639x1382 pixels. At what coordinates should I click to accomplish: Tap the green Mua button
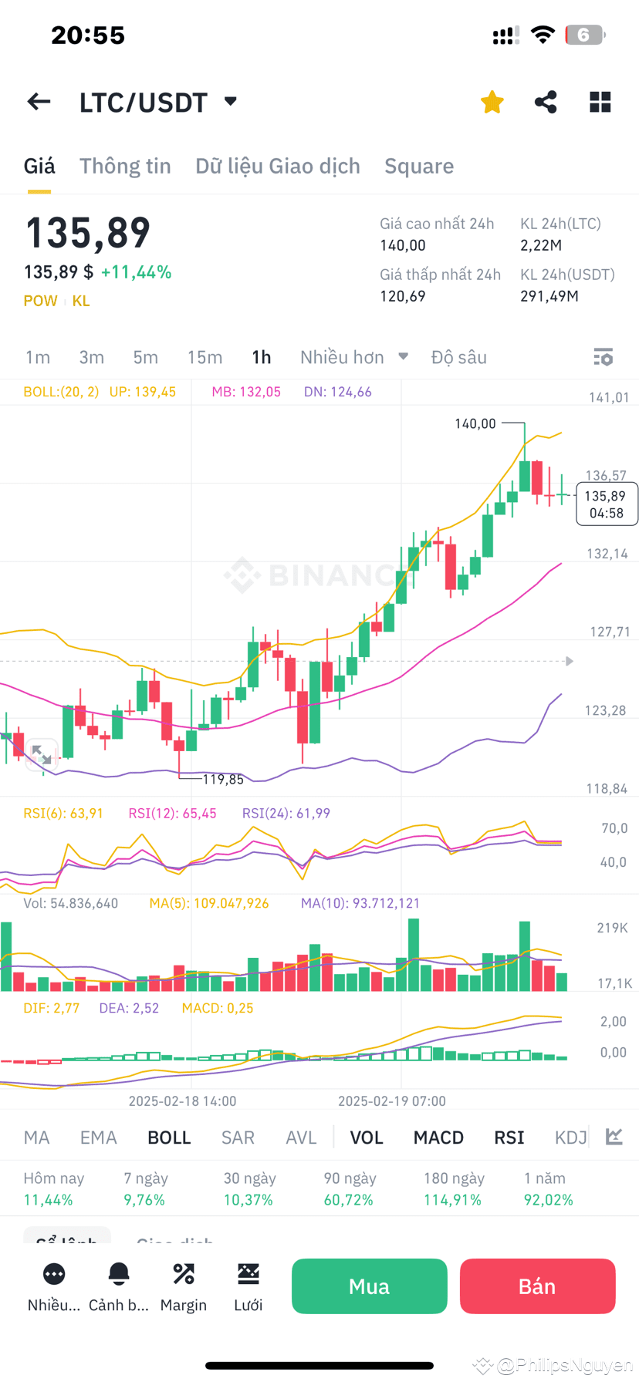pos(369,1286)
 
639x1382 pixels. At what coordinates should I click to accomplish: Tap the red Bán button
pos(537,1286)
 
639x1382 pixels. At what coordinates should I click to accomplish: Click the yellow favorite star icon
pos(492,102)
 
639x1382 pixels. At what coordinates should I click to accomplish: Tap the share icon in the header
pos(546,102)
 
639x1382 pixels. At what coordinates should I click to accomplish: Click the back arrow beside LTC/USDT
pos(39,102)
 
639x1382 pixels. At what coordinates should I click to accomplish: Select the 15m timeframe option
pos(205,357)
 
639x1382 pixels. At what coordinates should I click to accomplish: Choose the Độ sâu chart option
pos(458,357)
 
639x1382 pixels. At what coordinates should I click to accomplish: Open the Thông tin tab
pos(125,166)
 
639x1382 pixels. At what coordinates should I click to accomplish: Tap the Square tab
pos(419,166)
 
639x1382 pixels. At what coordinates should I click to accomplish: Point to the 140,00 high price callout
pos(475,423)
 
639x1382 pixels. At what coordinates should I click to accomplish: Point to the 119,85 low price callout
pos(223,780)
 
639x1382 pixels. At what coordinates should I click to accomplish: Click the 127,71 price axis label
pos(610,632)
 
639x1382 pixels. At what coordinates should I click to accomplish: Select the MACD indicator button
pos(438,1138)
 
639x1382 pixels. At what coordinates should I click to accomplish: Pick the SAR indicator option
pos(238,1138)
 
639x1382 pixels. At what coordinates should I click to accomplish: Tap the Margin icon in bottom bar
pos(184,1274)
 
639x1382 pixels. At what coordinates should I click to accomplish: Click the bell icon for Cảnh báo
pos(119,1274)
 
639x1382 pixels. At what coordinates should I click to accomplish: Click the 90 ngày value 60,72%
pos(349,1200)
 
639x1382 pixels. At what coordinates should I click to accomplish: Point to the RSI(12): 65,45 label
pos(172,813)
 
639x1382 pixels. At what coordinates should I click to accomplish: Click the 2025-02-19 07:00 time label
pos(392,1101)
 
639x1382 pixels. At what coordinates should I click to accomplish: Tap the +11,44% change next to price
pos(136,272)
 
